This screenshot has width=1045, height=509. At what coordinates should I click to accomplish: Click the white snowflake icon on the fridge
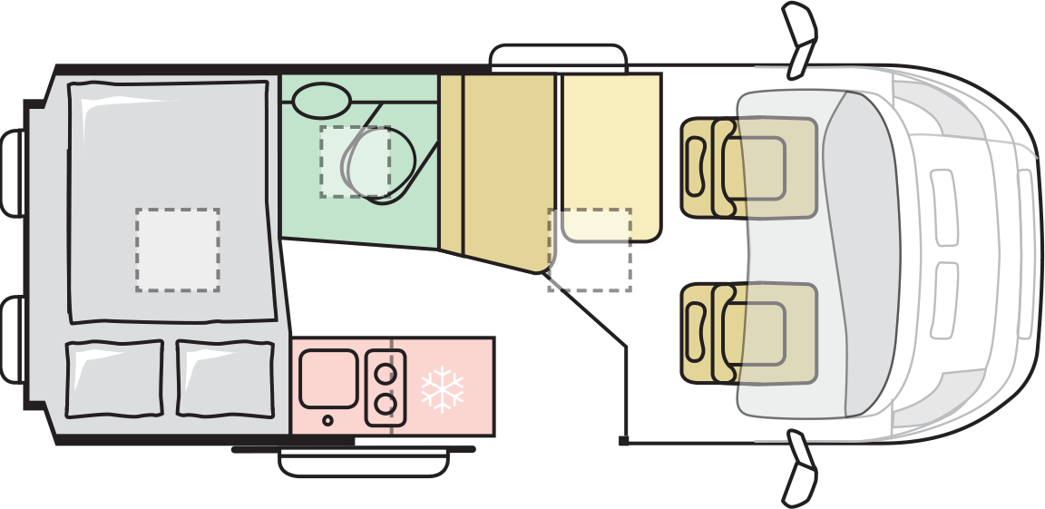pyautogui.click(x=442, y=389)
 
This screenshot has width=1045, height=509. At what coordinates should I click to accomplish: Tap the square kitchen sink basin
pyautogui.click(x=327, y=378)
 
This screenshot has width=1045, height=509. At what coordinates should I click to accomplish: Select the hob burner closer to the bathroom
pyautogui.click(x=386, y=373)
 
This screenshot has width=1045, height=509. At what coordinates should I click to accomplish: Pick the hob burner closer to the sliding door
pyautogui.click(x=386, y=403)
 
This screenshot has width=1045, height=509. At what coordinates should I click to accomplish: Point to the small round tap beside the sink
pyautogui.click(x=327, y=420)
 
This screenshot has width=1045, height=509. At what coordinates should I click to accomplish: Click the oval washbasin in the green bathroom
pyautogui.click(x=321, y=101)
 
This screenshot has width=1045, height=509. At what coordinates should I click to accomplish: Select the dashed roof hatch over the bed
pyautogui.click(x=178, y=250)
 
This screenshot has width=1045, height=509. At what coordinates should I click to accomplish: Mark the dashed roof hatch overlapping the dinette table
pyautogui.click(x=590, y=250)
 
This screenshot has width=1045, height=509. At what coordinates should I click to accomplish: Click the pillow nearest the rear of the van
pyautogui.click(x=114, y=378)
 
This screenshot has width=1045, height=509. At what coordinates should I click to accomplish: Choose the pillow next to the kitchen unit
pyautogui.click(x=225, y=378)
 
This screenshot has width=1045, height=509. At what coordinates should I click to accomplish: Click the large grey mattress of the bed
pyautogui.click(x=171, y=200)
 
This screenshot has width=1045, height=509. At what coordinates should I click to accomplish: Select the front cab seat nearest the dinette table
pyautogui.click(x=749, y=168)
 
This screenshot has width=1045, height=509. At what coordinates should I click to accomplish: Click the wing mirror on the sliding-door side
pyautogui.click(x=800, y=467)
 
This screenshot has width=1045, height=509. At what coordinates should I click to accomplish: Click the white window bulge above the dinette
pyautogui.click(x=559, y=56)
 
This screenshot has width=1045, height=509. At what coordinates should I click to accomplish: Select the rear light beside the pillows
pyautogui.click(x=13, y=340)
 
